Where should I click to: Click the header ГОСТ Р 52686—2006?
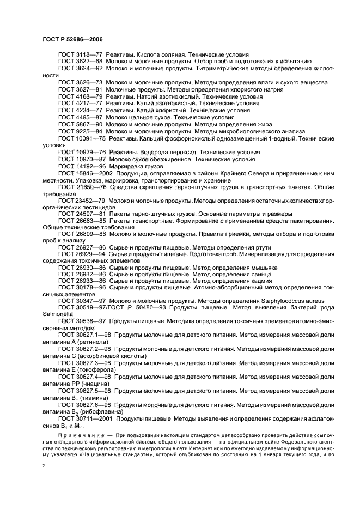pyautogui.click(x=72, y=40)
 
